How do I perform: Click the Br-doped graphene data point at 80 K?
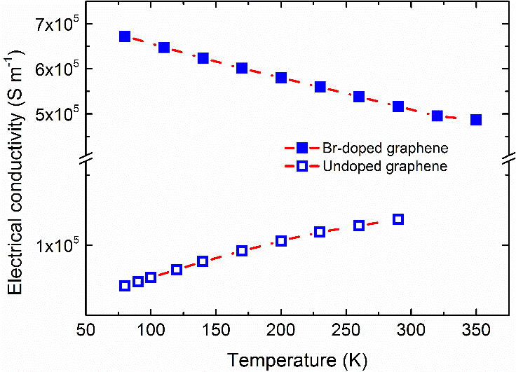coord(125,36)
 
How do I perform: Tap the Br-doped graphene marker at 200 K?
coord(281,78)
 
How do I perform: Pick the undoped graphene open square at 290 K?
coord(398,219)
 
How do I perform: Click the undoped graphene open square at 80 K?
coord(125,285)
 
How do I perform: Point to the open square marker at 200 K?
coord(281,241)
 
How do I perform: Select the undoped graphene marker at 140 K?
coord(203,261)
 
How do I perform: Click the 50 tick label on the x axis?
coord(86,331)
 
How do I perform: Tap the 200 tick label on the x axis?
coord(281,331)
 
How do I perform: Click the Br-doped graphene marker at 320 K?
coord(437,116)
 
